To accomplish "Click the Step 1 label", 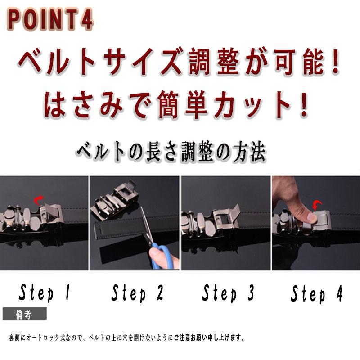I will (45, 293).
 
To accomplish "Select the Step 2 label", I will (137, 293).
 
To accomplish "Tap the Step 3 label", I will (228, 293).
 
